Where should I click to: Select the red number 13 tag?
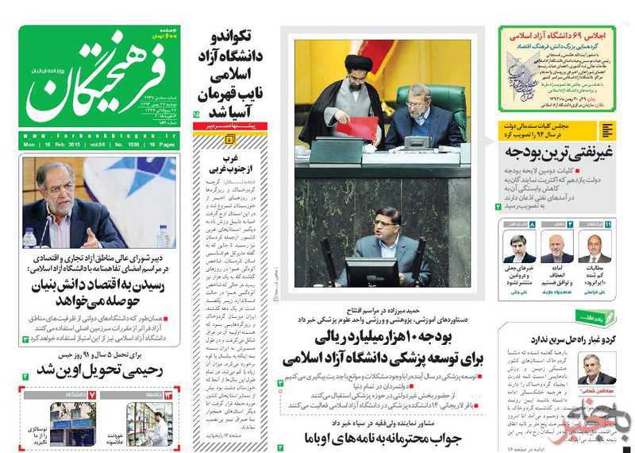(x=168, y=394)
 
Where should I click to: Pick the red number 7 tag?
(x=92, y=394)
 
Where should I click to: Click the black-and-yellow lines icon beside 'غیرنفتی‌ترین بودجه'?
(x=607, y=131)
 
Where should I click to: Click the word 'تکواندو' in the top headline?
(x=232, y=38)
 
